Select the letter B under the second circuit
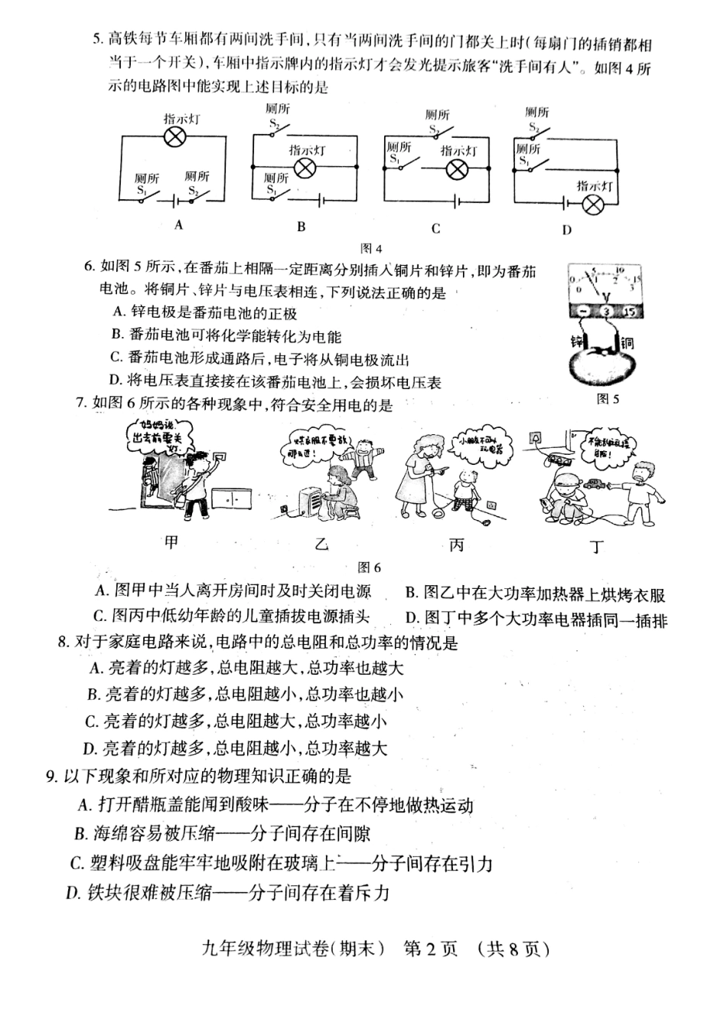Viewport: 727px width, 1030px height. point(302,226)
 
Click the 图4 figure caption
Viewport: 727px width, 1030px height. point(370,248)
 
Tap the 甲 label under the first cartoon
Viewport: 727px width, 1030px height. point(171,542)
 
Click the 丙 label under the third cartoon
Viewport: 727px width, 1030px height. point(457,545)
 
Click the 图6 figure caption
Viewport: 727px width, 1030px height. point(370,567)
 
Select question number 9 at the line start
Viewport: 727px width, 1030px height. point(51,776)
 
